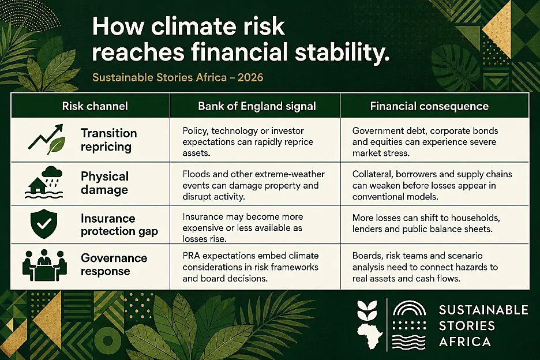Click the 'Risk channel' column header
tap(95, 106)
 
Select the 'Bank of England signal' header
tap(257, 106)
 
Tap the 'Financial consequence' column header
tap(429, 106)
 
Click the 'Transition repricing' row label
tap(109, 140)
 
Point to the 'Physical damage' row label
tap(104, 183)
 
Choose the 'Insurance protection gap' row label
tap(119, 224)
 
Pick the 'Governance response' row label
tap(114, 264)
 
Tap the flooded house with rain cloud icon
tap(44, 182)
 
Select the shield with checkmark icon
tap(44, 224)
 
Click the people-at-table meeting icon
tap(44, 265)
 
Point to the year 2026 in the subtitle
tap(250, 77)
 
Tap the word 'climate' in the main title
tap(190, 27)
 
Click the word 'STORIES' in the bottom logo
tap(467, 325)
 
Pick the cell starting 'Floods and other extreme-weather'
tap(253, 185)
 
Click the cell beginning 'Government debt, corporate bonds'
tap(425, 142)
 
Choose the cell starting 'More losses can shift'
tap(426, 223)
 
